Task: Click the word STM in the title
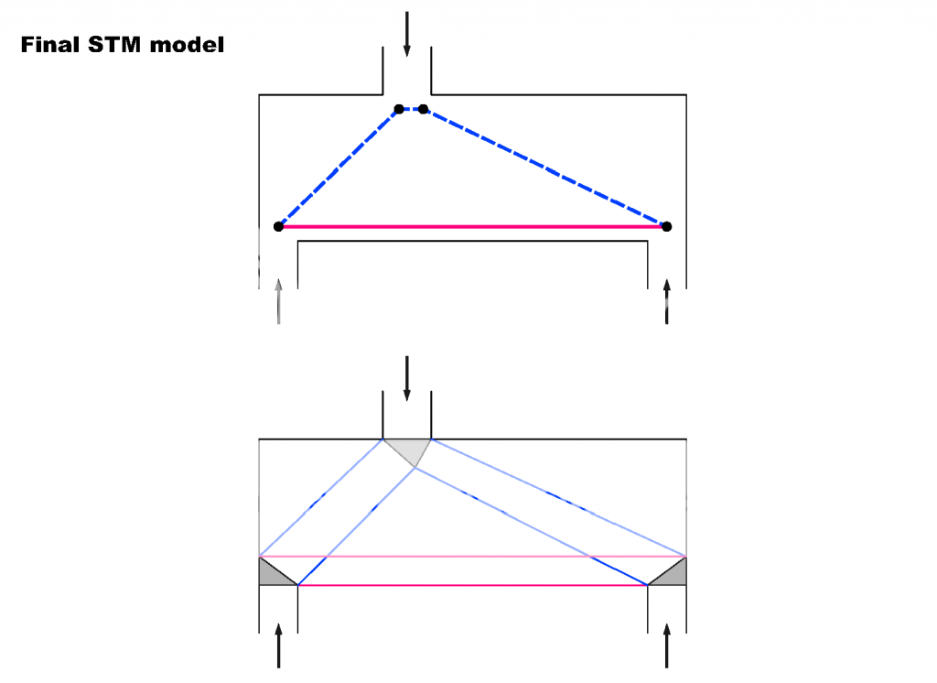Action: point(124,44)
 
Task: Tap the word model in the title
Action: point(189,44)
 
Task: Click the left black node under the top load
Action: point(399,109)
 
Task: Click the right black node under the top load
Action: point(423,109)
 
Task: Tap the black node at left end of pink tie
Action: point(278,226)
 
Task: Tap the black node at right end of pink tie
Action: point(666,226)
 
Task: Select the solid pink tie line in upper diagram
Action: point(472,226)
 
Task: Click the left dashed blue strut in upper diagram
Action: point(339,168)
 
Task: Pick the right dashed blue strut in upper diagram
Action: point(544,168)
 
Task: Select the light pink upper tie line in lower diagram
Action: point(472,556)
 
